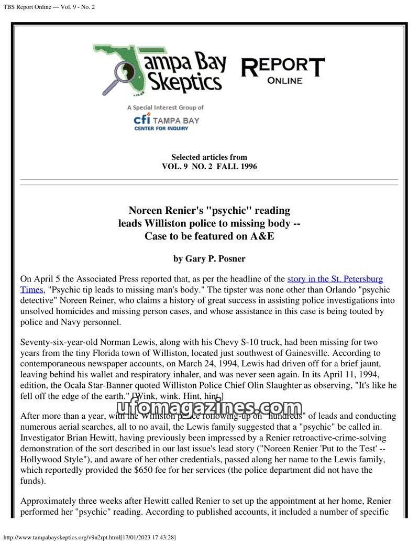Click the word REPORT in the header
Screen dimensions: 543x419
coord(283,67)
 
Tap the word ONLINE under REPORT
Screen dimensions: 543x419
coord(284,81)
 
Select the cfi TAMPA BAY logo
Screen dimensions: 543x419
coord(166,120)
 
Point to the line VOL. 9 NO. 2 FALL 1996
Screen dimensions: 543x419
coord(209,167)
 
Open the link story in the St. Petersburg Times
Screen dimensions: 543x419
coord(335,279)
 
